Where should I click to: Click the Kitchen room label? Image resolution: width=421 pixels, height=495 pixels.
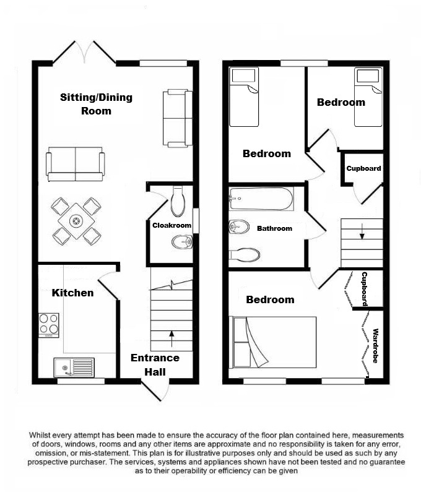pyautogui.click(x=72, y=293)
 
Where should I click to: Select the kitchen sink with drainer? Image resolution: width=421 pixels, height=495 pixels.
pyautogui.click(x=74, y=367)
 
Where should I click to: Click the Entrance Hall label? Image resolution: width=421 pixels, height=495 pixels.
pyautogui.click(x=155, y=364)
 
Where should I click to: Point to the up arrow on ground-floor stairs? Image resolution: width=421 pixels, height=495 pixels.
pyautogui.click(x=171, y=338)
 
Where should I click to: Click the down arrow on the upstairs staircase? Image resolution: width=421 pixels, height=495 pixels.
pyautogui.click(x=362, y=231)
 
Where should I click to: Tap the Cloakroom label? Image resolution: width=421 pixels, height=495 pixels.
pyautogui.click(x=172, y=225)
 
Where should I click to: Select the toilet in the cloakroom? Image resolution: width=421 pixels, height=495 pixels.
pyautogui.click(x=178, y=201)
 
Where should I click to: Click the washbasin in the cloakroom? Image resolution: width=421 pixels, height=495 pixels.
pyautogui.click(x=182, y=242)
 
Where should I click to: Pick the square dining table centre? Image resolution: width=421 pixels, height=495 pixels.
pyautogui.click(x=76, y=221)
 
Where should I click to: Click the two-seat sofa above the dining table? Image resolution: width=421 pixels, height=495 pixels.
pyautogui.click(x=76, y=164)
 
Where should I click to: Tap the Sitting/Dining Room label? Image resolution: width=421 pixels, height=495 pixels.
pyautogui.click(x=97, y=104)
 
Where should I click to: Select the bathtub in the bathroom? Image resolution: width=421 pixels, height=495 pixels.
pyautogui.click(x=261, y=199)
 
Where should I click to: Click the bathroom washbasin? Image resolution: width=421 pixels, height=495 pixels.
pyautogui.click(x=239, y=226)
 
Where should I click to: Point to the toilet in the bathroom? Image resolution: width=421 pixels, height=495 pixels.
pyautogui.click(x=244, y=254)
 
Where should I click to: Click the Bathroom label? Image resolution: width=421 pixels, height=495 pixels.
pyautogui.click(x=274, y=228)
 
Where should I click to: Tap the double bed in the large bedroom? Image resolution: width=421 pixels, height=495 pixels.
pyautogui.click(x=274, y=342)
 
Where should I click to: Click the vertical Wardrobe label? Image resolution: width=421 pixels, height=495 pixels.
pyautogui.click(x=376, y=346)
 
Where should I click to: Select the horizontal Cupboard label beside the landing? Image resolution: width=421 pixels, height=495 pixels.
pyautogui.click(x=363, y=168)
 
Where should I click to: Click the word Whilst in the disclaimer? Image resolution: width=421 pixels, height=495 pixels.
pyautogui.click(x=40, y=436)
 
